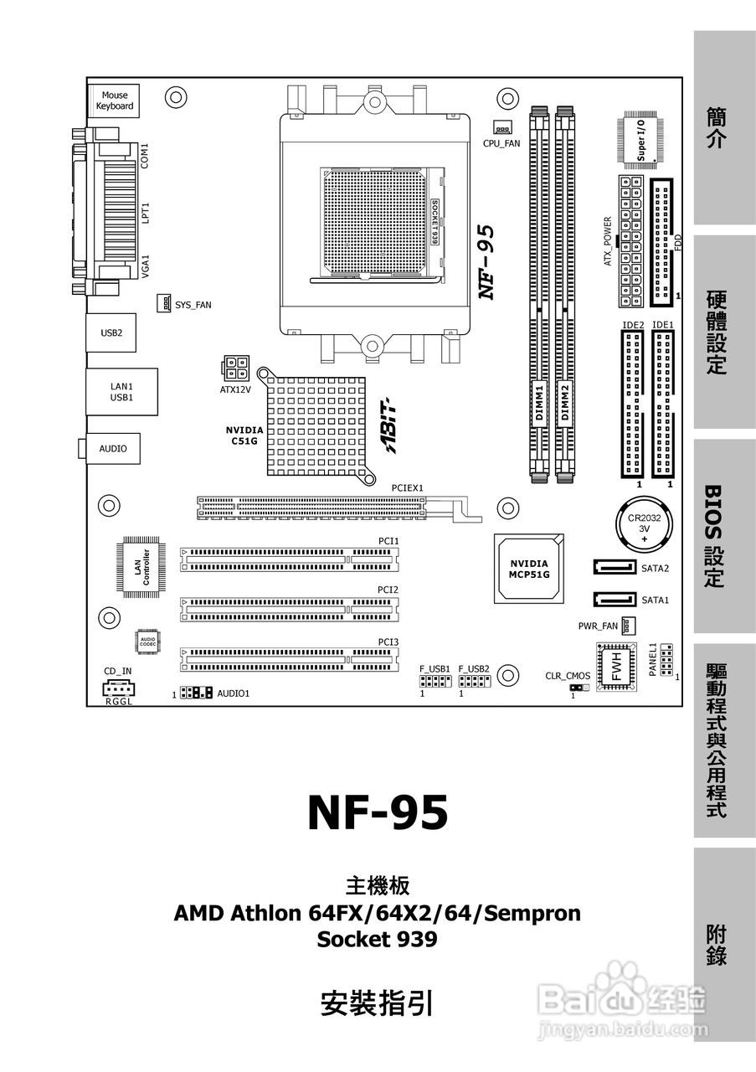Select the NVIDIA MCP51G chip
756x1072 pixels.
pyautogui.click(x=529, y=568)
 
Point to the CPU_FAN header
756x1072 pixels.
pyautogui.click(x=501, y=128)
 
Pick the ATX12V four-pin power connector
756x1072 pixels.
pyautogui.click(x=235, y=367)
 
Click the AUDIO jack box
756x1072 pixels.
pyautogui.click(x=113, y=448)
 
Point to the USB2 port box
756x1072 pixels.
pyautogui.click(x=112, y=332)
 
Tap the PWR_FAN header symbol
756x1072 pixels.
pyautogui.click(x=627, y=626)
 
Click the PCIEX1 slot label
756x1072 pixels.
pyautogui.click(x=409, y=487)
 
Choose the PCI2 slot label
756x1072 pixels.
pyautogui.click(x=388, y=590)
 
